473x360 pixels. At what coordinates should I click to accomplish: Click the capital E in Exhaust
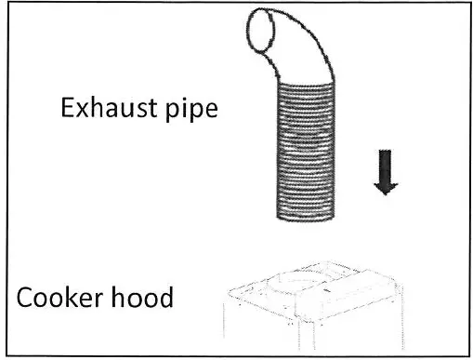tap(68, 109)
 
